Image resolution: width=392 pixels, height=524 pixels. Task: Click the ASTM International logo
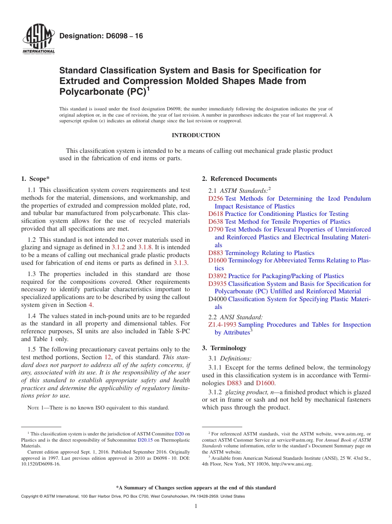(38, 40)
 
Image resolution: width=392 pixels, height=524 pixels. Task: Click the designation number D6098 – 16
(101, 36)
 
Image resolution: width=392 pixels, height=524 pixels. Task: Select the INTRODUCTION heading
(196, 135)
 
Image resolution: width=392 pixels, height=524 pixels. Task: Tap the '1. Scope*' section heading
(35, 179)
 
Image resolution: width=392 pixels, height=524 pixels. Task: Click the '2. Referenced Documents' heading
(239, 179)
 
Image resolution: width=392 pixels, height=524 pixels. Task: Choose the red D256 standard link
(216, 199)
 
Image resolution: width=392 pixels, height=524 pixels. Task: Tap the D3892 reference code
(217, 276)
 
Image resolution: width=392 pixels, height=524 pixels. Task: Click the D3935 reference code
(217, 284)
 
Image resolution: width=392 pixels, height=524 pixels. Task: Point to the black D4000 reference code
(217, 299)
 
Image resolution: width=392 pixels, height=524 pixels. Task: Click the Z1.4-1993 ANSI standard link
(222, 325)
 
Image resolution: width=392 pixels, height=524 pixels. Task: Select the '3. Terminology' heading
(224, 348)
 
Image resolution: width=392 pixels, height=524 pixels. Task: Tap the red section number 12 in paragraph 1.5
(108, 357)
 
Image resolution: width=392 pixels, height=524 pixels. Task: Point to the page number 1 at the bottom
(196, 506)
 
